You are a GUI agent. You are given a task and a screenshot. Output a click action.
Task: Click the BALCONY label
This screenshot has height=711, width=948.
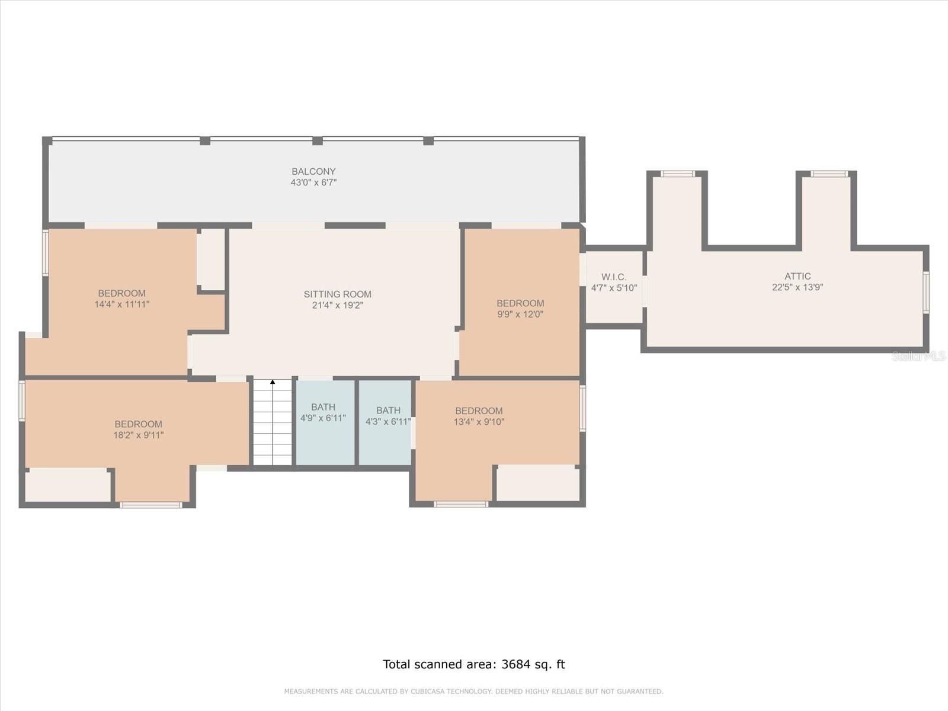[x=313, y=171]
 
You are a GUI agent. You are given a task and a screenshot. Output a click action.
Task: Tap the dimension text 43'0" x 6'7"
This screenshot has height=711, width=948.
[x=313, y=182]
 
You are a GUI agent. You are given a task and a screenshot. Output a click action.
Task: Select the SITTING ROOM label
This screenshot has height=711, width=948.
[x=338, y=294]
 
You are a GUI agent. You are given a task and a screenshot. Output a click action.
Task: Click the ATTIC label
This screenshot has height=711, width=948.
[x=798, y=276]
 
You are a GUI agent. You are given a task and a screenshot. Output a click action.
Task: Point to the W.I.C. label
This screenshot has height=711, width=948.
[x=614, y=277]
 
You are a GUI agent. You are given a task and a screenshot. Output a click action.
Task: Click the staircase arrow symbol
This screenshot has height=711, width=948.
[x=273, y=383]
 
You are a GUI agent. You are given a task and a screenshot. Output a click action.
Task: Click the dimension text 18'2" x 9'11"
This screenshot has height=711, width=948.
[x=138, y=435]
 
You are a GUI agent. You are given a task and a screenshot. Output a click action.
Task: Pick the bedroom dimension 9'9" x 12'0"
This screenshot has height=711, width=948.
[x=520, y=314]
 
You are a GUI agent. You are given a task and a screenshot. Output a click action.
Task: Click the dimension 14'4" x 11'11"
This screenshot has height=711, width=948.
[x=122, y=305]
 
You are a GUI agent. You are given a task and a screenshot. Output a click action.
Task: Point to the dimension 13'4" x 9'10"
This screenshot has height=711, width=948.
[x=479, y=422]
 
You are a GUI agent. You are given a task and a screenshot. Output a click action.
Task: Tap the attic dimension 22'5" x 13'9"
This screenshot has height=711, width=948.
[x=798, y=287]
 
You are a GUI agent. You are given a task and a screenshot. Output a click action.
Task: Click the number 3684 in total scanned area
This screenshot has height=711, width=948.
[x=515, y=664]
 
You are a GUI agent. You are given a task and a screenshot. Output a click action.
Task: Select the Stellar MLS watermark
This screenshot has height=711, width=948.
[x=918, y=356]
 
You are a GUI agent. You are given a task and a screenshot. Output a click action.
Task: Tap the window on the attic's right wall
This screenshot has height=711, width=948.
[x=926, y=292]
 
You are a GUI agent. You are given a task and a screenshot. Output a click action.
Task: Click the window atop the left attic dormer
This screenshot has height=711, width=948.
[x=677, y=174]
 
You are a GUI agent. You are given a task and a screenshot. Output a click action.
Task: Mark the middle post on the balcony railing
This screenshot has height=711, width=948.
[x=318, y=141]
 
